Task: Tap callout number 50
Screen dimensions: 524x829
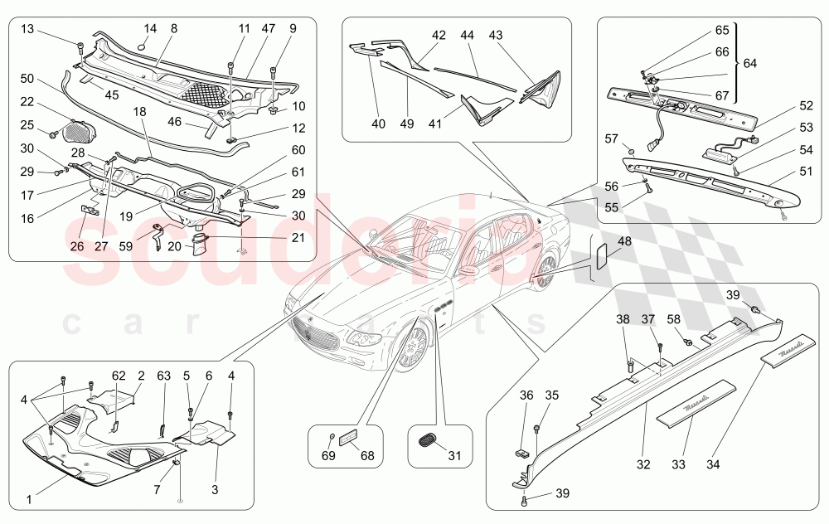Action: click(x=27, y=78)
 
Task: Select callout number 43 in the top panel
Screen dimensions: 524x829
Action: click(x=496, y=36)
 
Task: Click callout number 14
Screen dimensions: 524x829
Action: click(x=150, y=29)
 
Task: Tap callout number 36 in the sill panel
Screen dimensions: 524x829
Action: click(x=527, y=396)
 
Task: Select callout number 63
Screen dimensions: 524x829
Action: click(x=163, y=376)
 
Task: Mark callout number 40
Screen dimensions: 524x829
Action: click(x=378, y=124)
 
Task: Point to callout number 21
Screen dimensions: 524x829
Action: click(x=298, y=237)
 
